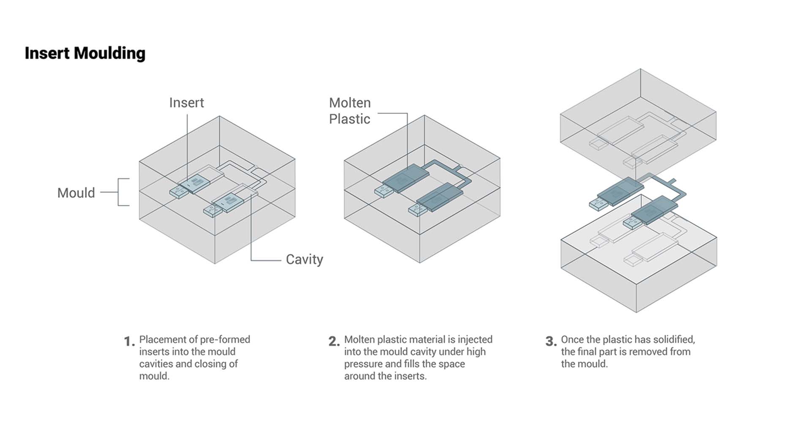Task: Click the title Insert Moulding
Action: click(85, 53)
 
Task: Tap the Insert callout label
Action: click(186, 103)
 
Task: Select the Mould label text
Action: click(76, 193)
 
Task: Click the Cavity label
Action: click(304, 259)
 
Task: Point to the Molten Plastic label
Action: click(350, 111)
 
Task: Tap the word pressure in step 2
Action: click(363, 364)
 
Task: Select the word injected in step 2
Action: click(475, 339)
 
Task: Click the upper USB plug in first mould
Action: click(179, 193)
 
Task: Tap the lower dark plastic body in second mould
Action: click(439, 197)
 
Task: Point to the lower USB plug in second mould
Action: click(418, 210)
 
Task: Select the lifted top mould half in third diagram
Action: click(638, 123)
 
